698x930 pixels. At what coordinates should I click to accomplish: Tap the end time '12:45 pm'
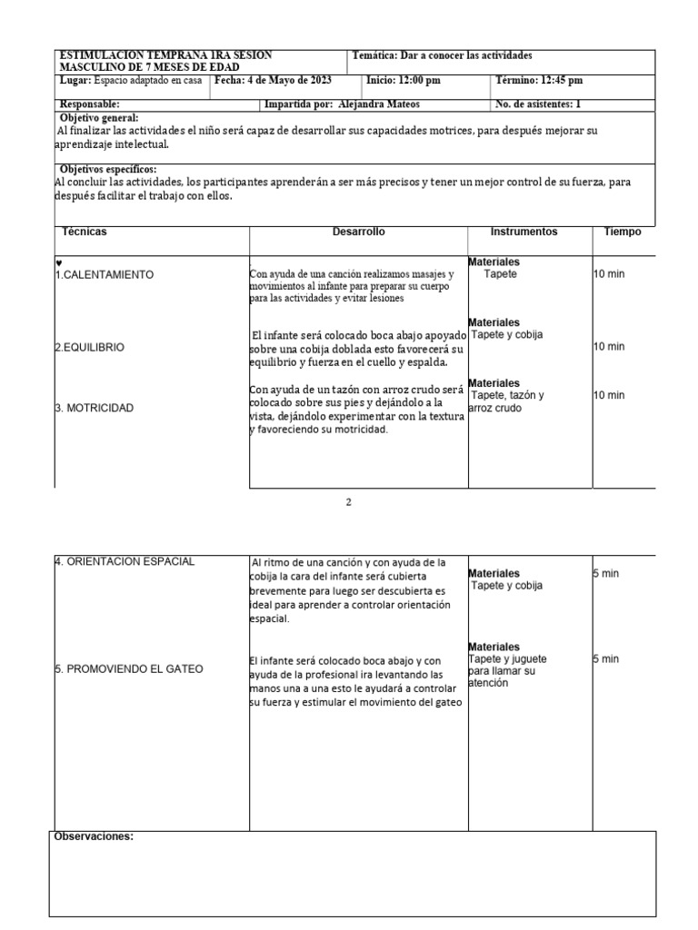pyautogui.click(x=545, y=80)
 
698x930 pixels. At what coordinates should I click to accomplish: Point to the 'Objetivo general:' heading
pyautogui.click(x=99, y=118)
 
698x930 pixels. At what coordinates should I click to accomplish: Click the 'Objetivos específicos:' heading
pyautogui.click(x=107, y=170)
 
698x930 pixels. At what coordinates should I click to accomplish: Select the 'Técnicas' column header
pyautogui.click(x=84, y=232)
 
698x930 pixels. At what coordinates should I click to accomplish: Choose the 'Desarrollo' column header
pyautogui.click(x=359, y=232)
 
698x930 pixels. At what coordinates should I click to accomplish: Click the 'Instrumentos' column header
pyautogui.click(x=523, y=232)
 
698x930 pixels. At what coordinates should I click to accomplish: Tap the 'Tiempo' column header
pyautogui.click(x=623, y=232)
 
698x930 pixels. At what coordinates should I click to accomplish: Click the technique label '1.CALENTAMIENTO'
pyautogui.click(x=105, y=274)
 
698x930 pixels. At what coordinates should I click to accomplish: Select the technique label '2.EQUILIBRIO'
pyautogui.click(x=90, y=347)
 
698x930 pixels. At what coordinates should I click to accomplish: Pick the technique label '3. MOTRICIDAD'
pyautogui.click(x=95, y=408)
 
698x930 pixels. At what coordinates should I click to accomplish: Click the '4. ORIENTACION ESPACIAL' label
pyautogui.click(x=125, y=561)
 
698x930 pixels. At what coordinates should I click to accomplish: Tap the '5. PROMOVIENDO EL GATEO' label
pyautogui.click(x=129, y=669)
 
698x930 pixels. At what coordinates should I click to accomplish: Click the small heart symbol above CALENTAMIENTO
pyautogui.click(x=59, y=262)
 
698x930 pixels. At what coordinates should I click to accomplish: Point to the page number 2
pyautogui.click(x=348, y=502)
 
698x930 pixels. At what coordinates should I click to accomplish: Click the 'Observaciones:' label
pyautogui.click(x=95, y=836)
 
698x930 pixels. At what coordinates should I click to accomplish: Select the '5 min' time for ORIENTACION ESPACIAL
pyautogui.click(x=605, y=573)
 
